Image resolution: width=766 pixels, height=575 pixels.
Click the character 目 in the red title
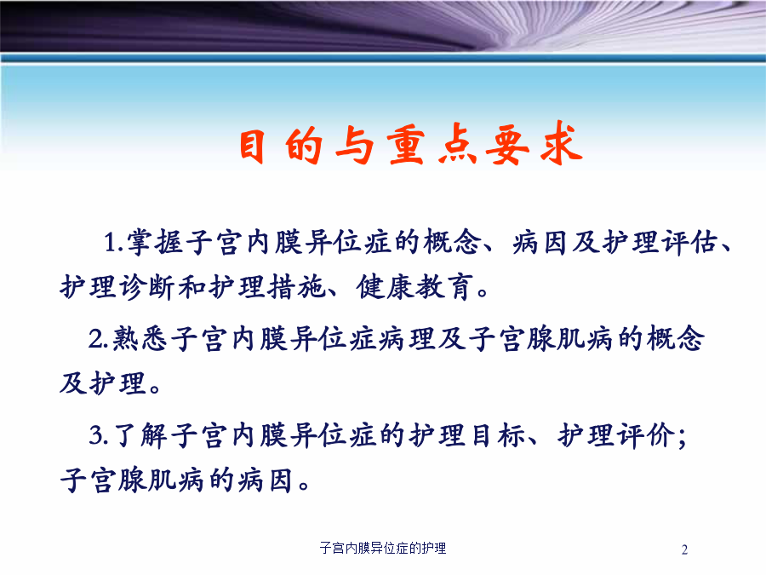[x=253, y=146]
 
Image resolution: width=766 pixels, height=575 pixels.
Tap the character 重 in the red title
[x=405, y=146]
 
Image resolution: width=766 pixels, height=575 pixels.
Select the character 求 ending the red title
[x=562, y=144]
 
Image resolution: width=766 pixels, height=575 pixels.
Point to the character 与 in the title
[x=355, y=145]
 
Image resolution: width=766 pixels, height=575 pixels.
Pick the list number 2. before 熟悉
[x=99, y=338]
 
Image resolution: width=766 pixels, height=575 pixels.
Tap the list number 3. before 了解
[x=99, y=435]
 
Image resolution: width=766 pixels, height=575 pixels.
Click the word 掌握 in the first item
[x=156, y=242]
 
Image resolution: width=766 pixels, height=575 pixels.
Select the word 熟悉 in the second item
[x=140, y=338]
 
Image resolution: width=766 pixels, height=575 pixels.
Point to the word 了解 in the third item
[x=140, y=435]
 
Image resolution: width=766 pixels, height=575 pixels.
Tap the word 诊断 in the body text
[x=146, y=286]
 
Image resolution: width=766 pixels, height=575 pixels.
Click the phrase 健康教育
[x=415, y=286]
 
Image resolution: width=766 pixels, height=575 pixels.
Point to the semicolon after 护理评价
[x=682, y=437]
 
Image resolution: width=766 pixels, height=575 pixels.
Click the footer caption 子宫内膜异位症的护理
[x=383, y=548]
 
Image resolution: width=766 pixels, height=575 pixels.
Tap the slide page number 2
[x=684, y=550]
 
